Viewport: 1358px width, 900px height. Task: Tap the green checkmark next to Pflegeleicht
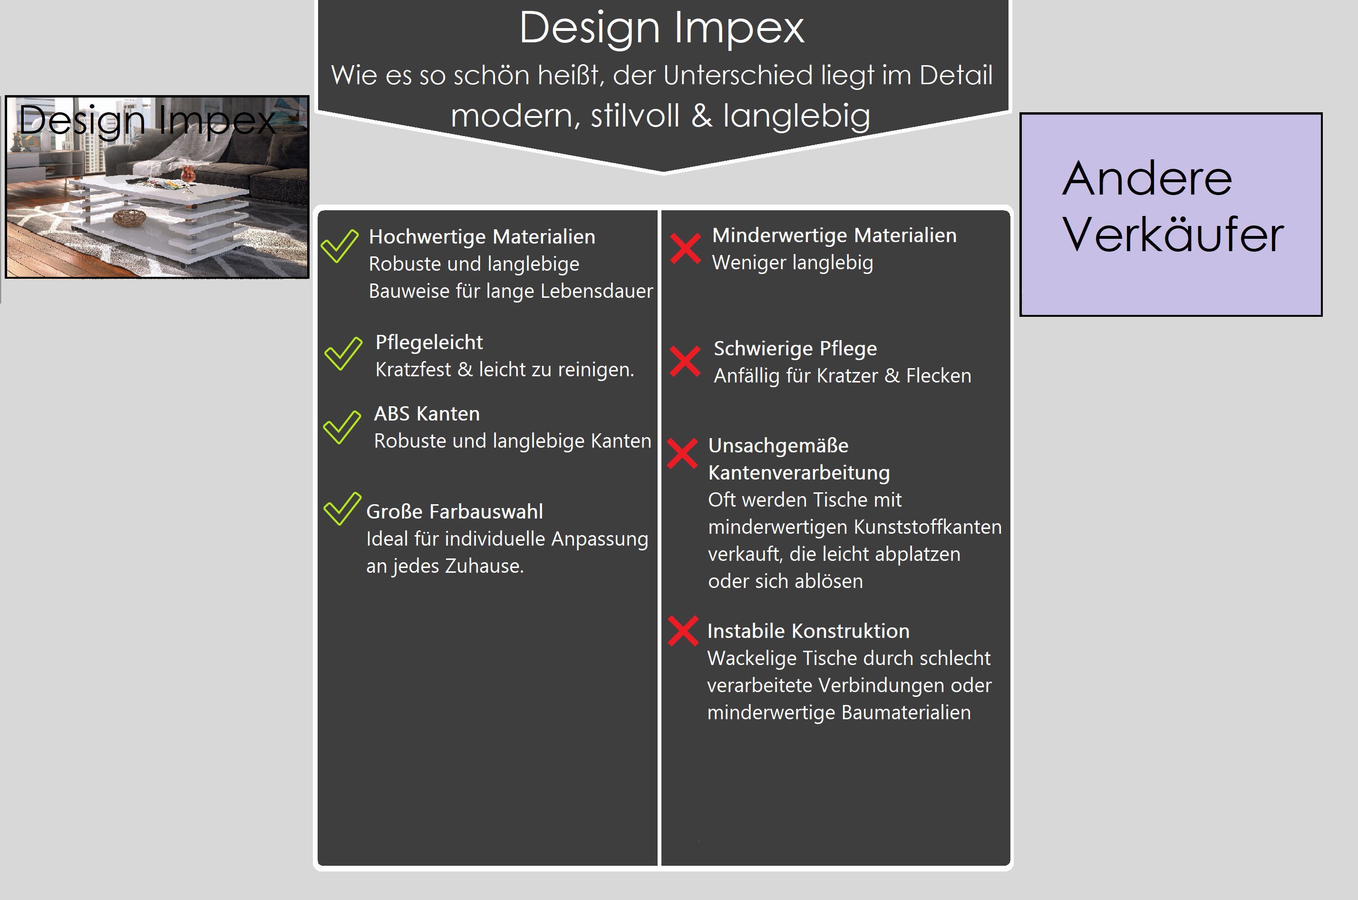(x=343, y=353)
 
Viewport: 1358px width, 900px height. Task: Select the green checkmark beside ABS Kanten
(x=342, y=427)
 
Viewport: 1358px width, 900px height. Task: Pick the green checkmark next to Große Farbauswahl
(x=342, y=509)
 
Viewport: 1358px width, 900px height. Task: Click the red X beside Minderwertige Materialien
(x=685, y=248)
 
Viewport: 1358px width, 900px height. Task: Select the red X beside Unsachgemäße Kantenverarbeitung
(x=682, y=453)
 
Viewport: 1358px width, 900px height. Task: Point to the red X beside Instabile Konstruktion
(x=683, y=630)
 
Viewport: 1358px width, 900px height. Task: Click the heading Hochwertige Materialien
(x=482, y=236)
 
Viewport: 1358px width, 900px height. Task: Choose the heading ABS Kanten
(x=427, y=413)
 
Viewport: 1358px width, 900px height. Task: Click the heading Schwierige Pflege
(x=795, y=348)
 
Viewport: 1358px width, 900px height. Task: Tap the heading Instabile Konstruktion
(x=808, y=631)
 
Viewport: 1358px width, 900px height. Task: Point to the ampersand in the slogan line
(x=701, y=116)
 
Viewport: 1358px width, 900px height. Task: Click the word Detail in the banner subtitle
(x=956, y=75)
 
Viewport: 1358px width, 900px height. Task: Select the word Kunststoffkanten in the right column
(x=928, y=527)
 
